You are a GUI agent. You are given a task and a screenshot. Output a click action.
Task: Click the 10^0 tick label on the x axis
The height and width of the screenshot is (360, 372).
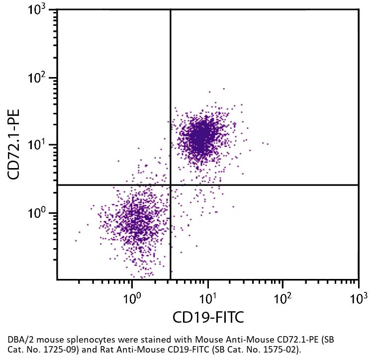click(x=131, y=298)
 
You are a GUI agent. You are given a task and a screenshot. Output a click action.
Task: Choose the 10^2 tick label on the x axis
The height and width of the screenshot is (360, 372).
click(x=282, y=298)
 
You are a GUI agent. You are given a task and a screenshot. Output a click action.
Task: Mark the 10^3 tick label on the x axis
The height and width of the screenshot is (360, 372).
click(x=358, y=298)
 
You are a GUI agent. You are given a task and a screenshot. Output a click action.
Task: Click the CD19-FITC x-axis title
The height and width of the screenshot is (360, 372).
click(x=208, y=317)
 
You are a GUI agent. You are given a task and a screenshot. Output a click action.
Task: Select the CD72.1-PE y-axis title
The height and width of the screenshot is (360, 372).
click(x=14, y=145)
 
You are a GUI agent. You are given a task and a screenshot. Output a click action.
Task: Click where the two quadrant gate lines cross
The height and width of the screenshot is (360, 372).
click(x=171, y=185)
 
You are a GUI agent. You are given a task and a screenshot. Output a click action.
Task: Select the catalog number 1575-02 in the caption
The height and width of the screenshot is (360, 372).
click(x=281, y=350)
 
